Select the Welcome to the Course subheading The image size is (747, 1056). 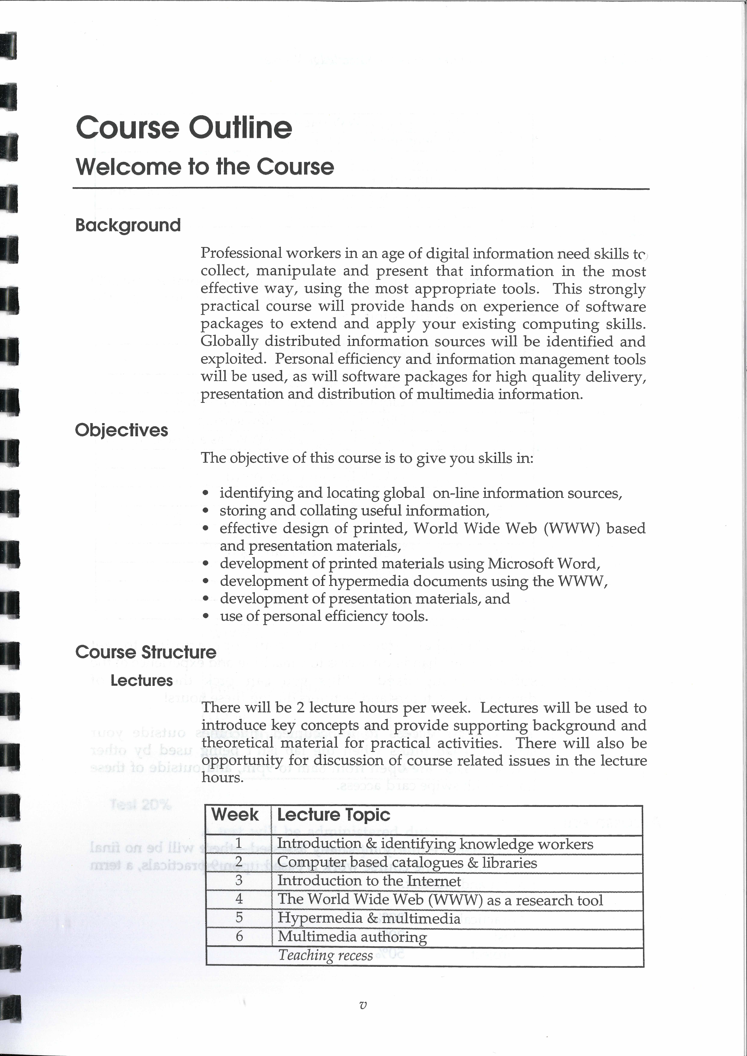click(205, 167)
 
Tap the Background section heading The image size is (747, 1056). click(128, 225)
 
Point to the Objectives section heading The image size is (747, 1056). click(121, 430)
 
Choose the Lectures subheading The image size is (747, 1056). click(142, 681)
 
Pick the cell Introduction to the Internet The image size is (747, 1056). click(369, 881)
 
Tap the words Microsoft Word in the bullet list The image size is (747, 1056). click(543, 563)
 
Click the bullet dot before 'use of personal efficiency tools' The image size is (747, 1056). click(206, 616)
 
